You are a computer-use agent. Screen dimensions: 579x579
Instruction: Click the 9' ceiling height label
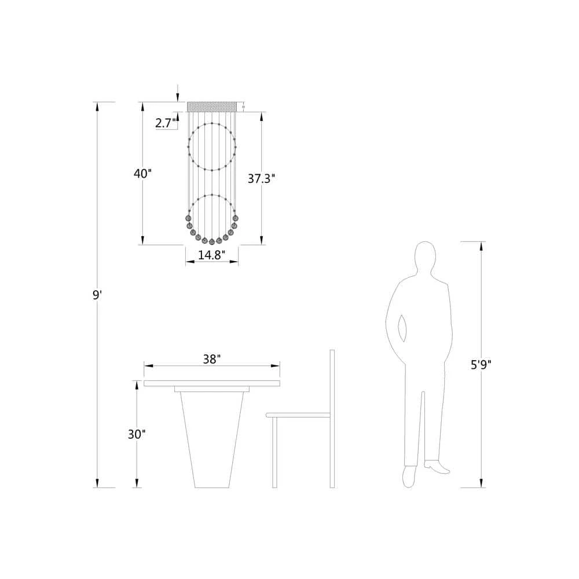pos(97,295)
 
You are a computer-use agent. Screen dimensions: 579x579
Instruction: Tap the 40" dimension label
pos(142,173)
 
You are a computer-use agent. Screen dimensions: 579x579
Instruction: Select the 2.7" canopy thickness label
pos(165,123)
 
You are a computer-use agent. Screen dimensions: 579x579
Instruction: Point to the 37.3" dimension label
pos(262,179)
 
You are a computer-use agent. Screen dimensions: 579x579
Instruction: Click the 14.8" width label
pos(211,255)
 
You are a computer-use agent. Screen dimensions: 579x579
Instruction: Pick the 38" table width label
pos(212,359)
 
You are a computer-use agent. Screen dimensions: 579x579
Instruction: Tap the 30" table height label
pos(137,434)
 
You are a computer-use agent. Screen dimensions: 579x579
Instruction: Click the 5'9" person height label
pos(481,365)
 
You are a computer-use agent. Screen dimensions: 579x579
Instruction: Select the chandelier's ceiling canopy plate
pos(211,107)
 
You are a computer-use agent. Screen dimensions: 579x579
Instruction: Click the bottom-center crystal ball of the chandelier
pos(211,242)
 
